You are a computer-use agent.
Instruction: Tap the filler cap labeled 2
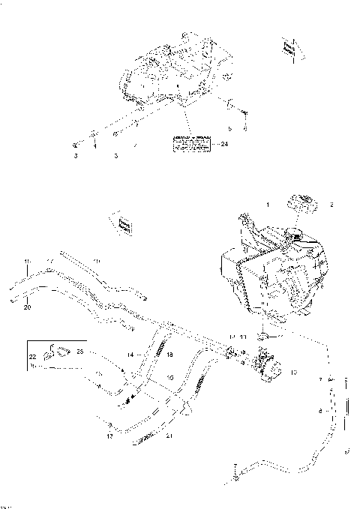pos(301,202)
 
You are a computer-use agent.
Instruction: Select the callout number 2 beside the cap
pos(333,204)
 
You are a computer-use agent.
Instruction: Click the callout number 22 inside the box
pos(31,357)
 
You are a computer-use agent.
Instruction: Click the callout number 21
pos(170,435)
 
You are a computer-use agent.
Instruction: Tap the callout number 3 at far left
pos(75,156)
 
